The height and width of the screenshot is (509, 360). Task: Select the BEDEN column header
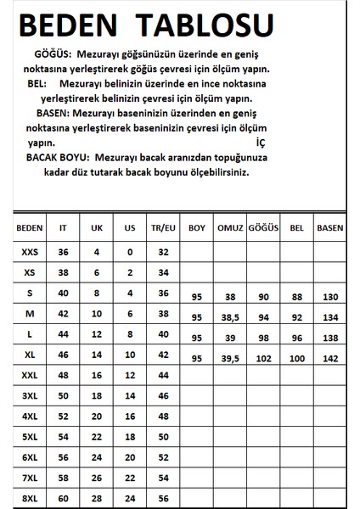click(x=30, y=227)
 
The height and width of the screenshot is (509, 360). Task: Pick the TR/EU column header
click(x=163, y=227)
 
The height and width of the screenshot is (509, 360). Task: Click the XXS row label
click(x=30, y=252)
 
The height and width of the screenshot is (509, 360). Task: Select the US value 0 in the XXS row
click(x=130, y=252)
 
